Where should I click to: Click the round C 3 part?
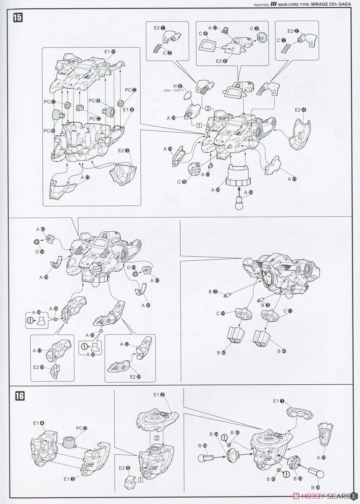(x=261, y=37)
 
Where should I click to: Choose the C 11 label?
(x=287, y=311)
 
